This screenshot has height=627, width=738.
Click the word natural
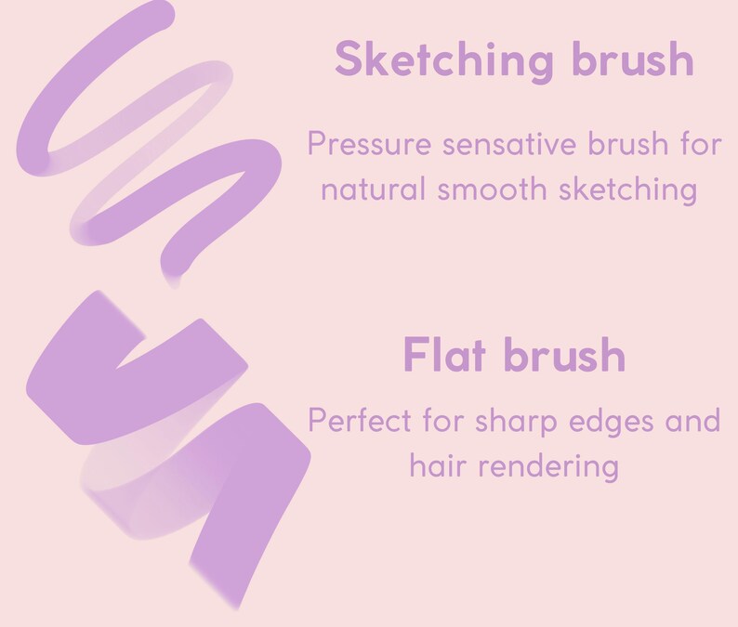click(x=372, y=189)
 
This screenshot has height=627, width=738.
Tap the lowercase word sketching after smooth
click(x=628, y=189)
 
